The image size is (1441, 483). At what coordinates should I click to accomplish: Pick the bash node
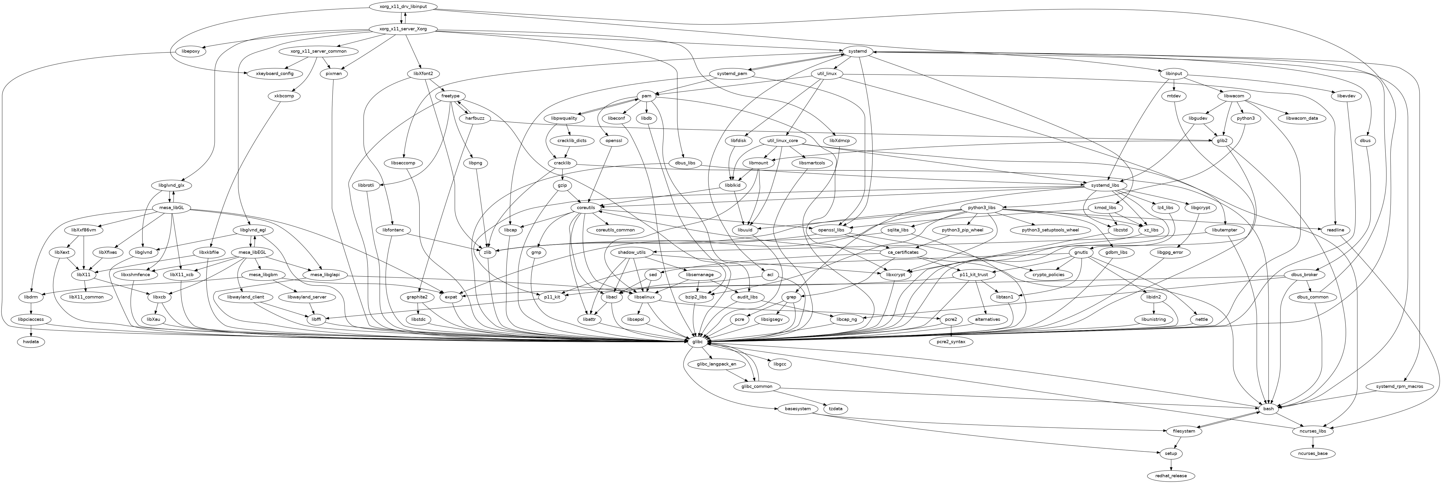(1268, 409)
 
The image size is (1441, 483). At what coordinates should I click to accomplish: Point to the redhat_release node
(1170, 476)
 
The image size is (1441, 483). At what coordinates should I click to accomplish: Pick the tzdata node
(836, 409)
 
